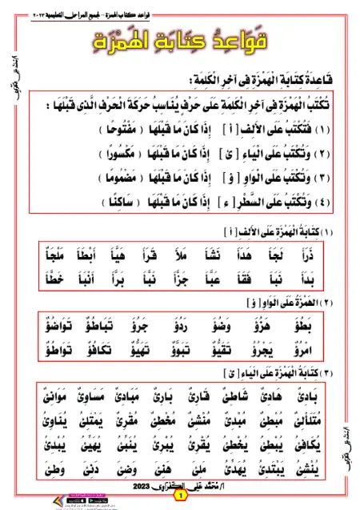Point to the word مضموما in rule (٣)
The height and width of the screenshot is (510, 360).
click(65, 175)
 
